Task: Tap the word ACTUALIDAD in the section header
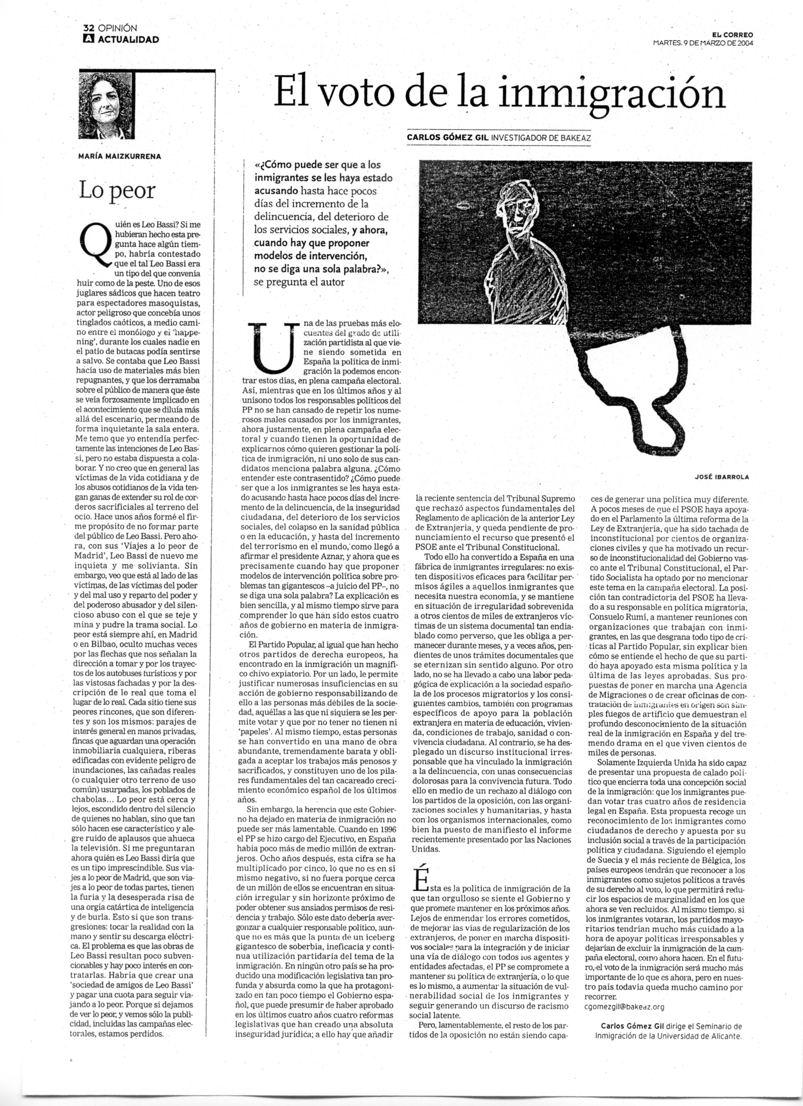(128, 39)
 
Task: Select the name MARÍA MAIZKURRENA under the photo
(119, 157)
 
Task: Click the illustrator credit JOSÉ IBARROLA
(722, 478)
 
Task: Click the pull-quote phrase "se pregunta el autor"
(299, 282)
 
